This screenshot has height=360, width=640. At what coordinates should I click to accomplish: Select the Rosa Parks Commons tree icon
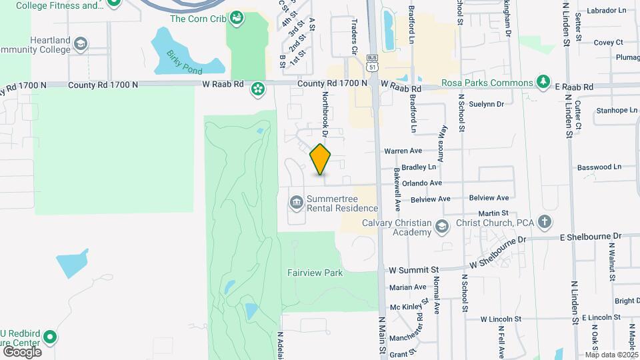pos(544,83)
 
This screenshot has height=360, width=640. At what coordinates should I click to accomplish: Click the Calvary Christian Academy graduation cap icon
pos(441,227)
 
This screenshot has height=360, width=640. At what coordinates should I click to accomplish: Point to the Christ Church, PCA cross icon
pos(545,222)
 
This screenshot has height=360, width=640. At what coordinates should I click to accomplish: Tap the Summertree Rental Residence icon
pos(295,201)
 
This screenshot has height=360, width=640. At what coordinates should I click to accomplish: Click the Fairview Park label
pos(315,273)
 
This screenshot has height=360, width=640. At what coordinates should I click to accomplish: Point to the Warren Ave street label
pos(403,151)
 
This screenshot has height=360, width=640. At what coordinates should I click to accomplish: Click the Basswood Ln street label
pos(598,167)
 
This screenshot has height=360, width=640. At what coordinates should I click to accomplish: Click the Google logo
pos(22,351)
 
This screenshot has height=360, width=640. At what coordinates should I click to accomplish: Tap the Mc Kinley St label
pos(408,307)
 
